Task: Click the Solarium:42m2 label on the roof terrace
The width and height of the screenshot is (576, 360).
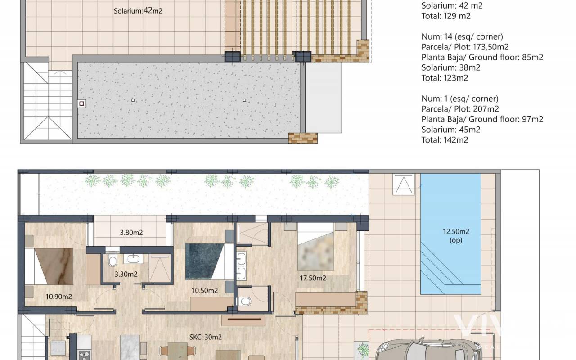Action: point(138,11)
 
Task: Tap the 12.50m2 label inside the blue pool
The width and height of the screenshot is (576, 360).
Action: point(456,231)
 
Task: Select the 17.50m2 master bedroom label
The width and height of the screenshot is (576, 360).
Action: point(313,278)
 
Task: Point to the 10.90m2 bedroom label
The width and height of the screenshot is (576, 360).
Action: point(58,297)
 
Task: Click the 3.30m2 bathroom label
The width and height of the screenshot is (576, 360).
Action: point(126,274)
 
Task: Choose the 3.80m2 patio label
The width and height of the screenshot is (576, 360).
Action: point(131,233)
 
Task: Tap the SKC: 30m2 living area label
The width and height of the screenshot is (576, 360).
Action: point(206,337)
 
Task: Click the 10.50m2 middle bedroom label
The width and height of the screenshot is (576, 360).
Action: point(205,290)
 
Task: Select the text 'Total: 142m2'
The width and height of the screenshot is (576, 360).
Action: point(445,140)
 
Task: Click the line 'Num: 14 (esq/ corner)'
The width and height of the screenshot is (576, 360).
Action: point(462,36)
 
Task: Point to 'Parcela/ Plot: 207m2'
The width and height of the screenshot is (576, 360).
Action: point(460,109)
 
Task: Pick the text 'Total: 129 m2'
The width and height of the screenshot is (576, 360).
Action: point(446,16)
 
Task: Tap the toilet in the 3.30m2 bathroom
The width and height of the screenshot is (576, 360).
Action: point(112,261)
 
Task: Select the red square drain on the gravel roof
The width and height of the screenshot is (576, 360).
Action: point(81,103)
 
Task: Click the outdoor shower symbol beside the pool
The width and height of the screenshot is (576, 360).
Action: point(404,184)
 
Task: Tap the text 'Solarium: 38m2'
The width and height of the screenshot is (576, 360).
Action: point(450,67)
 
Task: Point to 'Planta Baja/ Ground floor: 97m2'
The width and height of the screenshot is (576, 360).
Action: point(482,119)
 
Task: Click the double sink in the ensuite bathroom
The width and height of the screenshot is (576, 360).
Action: point(241,266)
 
